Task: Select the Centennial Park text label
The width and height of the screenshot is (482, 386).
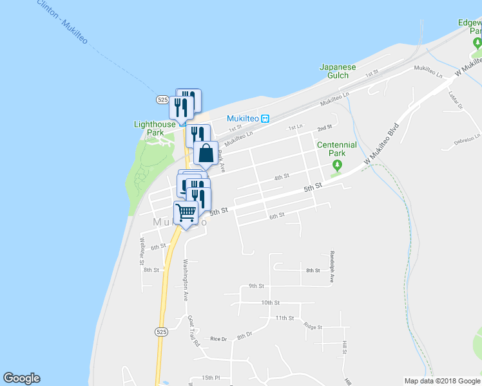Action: (336, 149)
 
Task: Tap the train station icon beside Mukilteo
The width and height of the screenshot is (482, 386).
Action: (265, 118)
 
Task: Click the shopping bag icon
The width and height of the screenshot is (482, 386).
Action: (206, 154)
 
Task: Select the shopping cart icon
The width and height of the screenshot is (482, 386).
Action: (186, 212)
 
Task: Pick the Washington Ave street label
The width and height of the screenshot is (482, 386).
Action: (185, 280)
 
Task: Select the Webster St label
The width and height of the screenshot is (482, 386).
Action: (142, 251)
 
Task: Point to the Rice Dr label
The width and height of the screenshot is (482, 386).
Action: (218, 338)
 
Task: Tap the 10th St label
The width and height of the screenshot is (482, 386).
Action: (271, 302)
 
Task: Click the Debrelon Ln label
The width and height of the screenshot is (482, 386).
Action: (467, 138)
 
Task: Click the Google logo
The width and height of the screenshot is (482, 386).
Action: (21, 378)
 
